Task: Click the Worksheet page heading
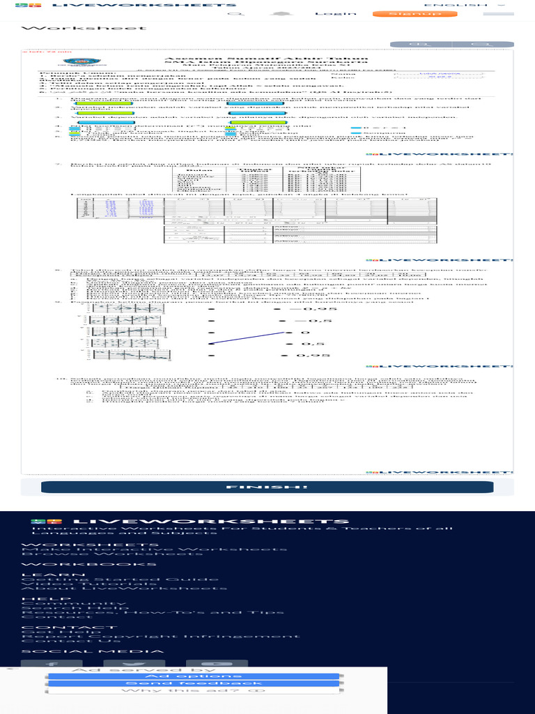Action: click(x=84, y=28)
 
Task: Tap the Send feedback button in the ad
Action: click(x=193, y=683)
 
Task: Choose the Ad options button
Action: click(x=193, y=676)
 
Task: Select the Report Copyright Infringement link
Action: click(x=161, y=636)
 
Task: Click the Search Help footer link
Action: click(x=66, y=607)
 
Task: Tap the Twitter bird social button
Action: click(x=134, y=664)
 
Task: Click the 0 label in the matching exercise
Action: click(x=304, y=332)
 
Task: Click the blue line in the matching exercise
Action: click(x=247, y=337)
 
